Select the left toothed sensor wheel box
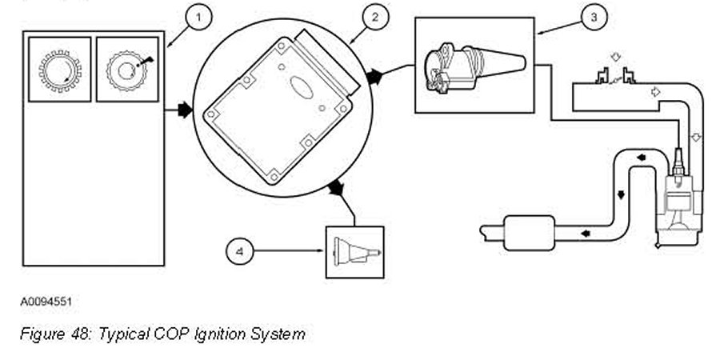[58, 70]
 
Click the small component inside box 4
[352, 250]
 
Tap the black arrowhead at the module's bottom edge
[336, 190]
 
